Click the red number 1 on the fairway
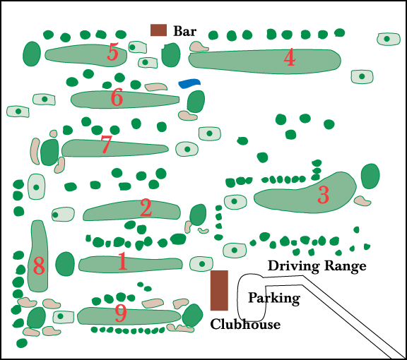click(x=123, y=261)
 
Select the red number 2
click(x=146, y=208)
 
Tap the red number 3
click(x=324, y=195)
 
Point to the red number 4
click(x=290, y=57)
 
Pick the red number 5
click(x=113, y=52)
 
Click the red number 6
click(x=117, y=97)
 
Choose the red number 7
click(x=106, y=144)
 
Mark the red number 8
click(x=39, y=266)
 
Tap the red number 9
click(x=121, y=313)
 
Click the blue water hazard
click(x=189, y=83)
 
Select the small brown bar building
click(x=158, y=30)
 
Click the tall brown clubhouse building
click(x=219, y=290)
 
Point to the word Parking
click(x=274, y=299)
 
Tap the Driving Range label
click(x=317, y=266)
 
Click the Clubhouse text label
click(x=245, y=324)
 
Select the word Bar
click(x=184, y=31)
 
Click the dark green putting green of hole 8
click(x=36, y=317)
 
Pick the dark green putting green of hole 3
click(x=370, y=176)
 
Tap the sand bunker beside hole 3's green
click(x=362, y=200)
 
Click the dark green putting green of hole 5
click(x=32, y=54)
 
